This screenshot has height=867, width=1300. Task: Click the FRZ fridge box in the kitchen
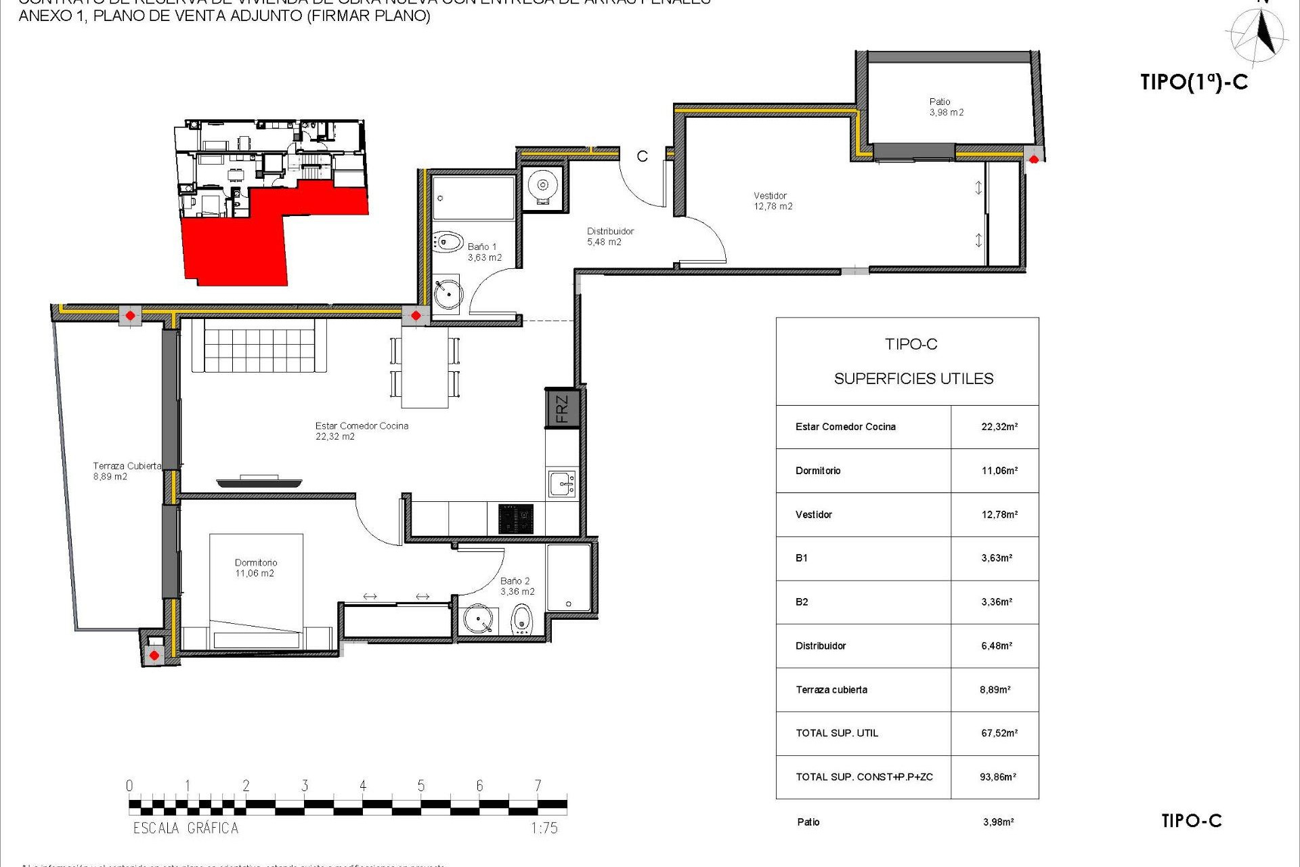(562, 408)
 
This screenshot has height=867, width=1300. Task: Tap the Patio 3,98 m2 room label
(946, 107)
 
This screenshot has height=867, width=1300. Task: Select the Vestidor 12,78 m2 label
(773, 201)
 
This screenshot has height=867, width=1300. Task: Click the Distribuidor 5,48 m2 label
(609, 236)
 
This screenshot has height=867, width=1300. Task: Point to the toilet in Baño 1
(447, 242)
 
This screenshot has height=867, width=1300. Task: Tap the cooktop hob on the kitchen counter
(516, 519)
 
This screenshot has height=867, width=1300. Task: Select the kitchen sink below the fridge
(562, 484)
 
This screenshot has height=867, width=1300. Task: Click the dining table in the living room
(425, 368)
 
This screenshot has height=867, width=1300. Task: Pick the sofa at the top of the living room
(259, 345)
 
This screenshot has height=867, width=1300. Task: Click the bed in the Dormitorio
(256, 589)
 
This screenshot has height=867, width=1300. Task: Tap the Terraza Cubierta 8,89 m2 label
(127, 471)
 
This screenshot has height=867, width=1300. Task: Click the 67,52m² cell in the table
(999, 733)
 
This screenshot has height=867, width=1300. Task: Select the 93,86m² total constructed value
(997, 777)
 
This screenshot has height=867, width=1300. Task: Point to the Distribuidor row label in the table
(821, 646)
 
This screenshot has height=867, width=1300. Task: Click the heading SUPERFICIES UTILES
(913, 379)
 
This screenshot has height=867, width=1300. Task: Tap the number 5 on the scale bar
(421, 786)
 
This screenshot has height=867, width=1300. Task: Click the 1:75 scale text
(544, 828)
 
